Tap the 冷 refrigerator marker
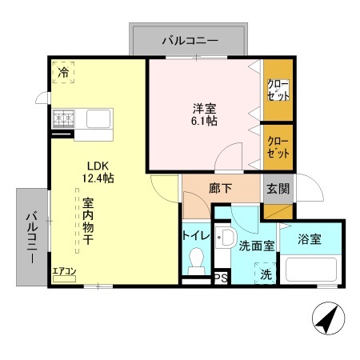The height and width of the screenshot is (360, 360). click(x=62, y=72)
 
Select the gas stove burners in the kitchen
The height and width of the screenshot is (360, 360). click(x=64, y=120)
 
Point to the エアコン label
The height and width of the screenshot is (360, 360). click(x=64, y=272)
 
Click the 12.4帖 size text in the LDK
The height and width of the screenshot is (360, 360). click(x=100, y=178)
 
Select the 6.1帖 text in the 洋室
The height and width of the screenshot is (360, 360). click(x=203, y=121)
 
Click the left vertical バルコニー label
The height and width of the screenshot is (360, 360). click(x=30, y=235)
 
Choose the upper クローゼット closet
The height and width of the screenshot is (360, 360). click(x=278, y=90)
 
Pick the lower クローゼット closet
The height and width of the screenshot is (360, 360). click(x=278, y=146)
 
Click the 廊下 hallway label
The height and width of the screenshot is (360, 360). click(x=221, y=190)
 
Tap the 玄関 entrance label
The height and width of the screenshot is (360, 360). click(x=278, y=190)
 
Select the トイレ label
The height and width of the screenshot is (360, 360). click(x=196, y=235)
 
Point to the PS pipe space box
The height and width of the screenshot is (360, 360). click(x=219, y=278)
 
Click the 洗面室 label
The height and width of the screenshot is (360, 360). click(x=257, y=246)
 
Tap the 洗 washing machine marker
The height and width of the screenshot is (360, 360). click(x=266, y=273)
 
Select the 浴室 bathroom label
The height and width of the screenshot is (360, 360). click(x=310, y=238)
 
